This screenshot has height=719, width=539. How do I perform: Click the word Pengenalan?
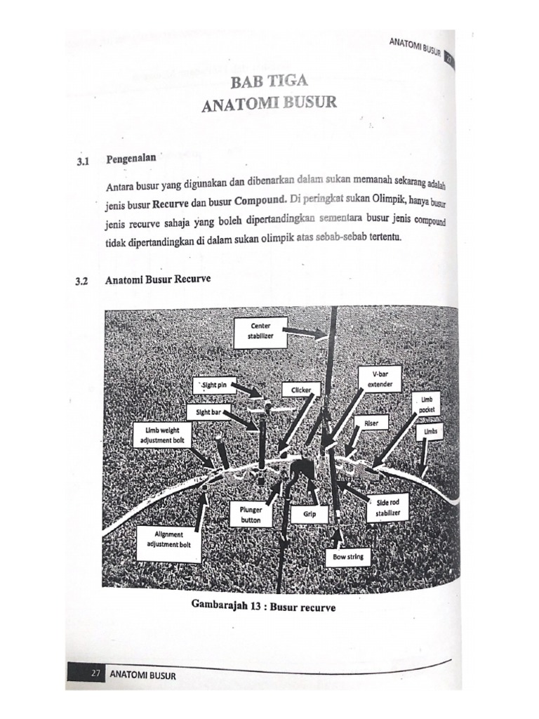[131, 159]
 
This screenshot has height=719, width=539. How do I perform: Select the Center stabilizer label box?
[260, 331]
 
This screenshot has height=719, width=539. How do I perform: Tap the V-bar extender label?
[379, 380]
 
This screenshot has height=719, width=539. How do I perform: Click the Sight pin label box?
[211, 385]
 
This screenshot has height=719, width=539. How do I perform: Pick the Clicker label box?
[301, 389]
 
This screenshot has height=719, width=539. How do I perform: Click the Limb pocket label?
[426, 404]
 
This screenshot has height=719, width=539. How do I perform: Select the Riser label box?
[371, 423]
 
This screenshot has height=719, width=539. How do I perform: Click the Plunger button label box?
[251, 515]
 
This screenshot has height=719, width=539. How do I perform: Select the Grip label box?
[310, 514]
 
